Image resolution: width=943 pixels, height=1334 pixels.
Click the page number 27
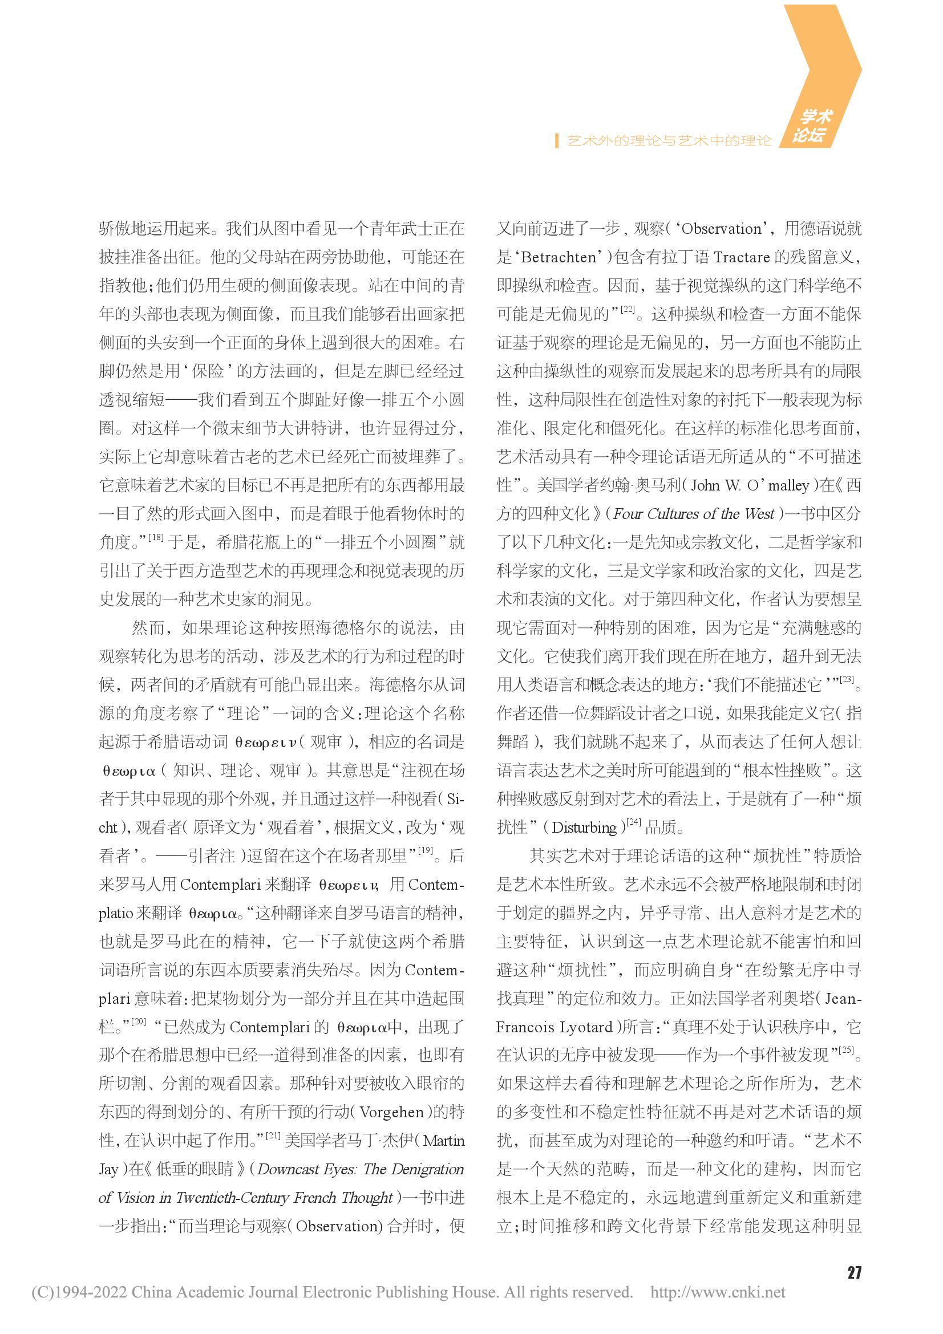click(x=853, y=1272)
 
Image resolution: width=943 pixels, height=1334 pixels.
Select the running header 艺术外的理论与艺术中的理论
click(x=669, y=141)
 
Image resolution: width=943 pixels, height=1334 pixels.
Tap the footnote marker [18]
click(x=156, y=537)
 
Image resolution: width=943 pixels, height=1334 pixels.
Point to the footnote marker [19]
click(x=426, y=850)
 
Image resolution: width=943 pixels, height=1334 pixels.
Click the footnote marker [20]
click(x=138, y=1021)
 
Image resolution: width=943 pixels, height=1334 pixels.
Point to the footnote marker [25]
click(x=847, y=1050)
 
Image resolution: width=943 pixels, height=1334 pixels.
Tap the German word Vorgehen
click(x=391, y=1112)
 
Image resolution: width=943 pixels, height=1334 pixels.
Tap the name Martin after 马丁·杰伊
click(x=443, y=1141)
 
